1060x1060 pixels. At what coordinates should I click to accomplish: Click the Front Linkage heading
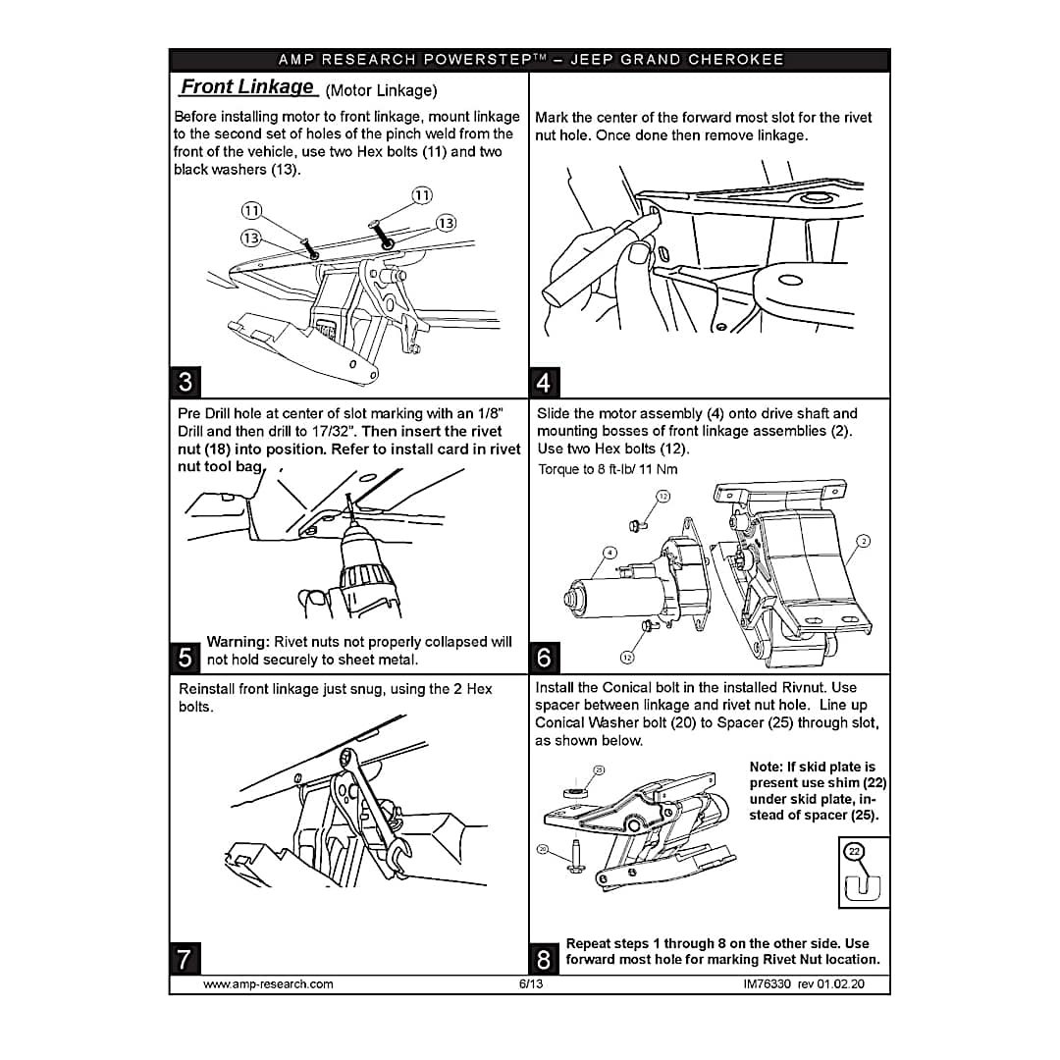(247, 87)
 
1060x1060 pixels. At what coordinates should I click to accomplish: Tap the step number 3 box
(185, 382)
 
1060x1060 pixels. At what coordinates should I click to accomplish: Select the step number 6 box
(544, 657)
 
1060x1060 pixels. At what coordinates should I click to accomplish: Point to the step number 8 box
(544, 959)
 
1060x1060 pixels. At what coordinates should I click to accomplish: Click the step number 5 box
(185, 657)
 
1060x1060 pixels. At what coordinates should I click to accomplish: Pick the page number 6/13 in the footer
(531, 984)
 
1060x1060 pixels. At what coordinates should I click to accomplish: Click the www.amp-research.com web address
(268, 984)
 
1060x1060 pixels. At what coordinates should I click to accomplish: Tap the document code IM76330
(767, 984)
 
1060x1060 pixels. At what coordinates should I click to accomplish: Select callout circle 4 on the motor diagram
(609, 553)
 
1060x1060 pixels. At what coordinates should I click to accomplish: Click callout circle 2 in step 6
(864, 541)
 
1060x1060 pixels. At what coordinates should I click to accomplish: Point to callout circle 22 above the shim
(855, 852)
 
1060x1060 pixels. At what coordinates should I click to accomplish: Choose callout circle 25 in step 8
(599, 770)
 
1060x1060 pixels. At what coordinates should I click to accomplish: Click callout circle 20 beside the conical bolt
(542, 848)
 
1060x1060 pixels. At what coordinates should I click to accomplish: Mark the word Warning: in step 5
(238, 642)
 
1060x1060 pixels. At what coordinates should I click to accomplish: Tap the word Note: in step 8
(766, 767)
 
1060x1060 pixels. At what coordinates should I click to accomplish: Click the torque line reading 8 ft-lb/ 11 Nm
(608, 469)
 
